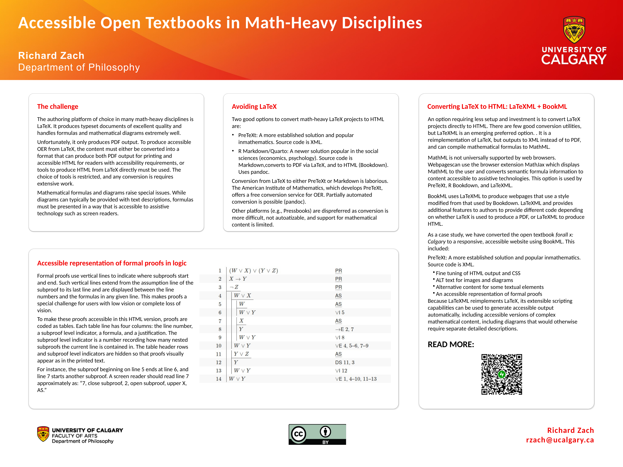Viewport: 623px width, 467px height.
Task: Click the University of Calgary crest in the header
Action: click(x=574, y=30)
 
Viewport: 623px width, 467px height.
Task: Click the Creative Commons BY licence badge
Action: click(x=317, y=434)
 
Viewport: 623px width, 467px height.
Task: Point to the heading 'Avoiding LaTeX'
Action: click(x=254, y=107)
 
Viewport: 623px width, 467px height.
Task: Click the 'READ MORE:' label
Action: click(x=451, y=344)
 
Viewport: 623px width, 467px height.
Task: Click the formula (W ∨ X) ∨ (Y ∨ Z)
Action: click(x=253, y=271)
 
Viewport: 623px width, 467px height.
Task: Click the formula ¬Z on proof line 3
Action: click(x=234, y=287)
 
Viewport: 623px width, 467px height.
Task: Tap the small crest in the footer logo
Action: click(x=43, y=434)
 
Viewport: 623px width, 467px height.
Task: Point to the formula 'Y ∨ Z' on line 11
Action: click(x=241, y=354)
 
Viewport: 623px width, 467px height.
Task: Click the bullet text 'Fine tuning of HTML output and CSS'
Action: click(x=478, y=273)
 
